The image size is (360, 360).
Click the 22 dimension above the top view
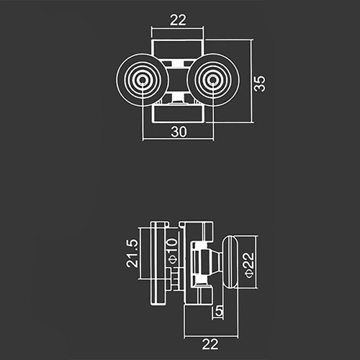click(178, 19)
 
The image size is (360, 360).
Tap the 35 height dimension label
click(260, 84)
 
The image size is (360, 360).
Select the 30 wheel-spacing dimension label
click(179, 132)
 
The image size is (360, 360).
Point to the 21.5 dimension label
click(132, 253)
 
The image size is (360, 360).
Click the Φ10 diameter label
click(172, 251)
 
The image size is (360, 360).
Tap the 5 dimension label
click(219, 311)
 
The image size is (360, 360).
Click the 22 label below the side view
click(210, 344)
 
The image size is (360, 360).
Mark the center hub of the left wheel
click(143, 80)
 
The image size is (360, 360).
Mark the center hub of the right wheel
click(212, 80)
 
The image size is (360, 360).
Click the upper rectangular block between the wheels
click(178, 49)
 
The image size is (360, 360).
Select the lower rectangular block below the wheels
click(178, 114)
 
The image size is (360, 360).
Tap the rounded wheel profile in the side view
click(230, 261)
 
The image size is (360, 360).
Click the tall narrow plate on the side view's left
click(158, 264)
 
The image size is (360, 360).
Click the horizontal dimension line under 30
click(178, 139)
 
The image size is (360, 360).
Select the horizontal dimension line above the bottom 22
click(211, 336)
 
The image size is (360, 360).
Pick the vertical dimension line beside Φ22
click(256, 262)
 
